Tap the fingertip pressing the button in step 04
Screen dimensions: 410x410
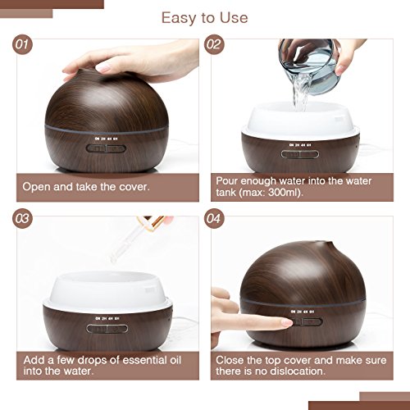click(x=282, y=322)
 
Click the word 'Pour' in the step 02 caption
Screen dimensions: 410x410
click(x=229, y=180)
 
